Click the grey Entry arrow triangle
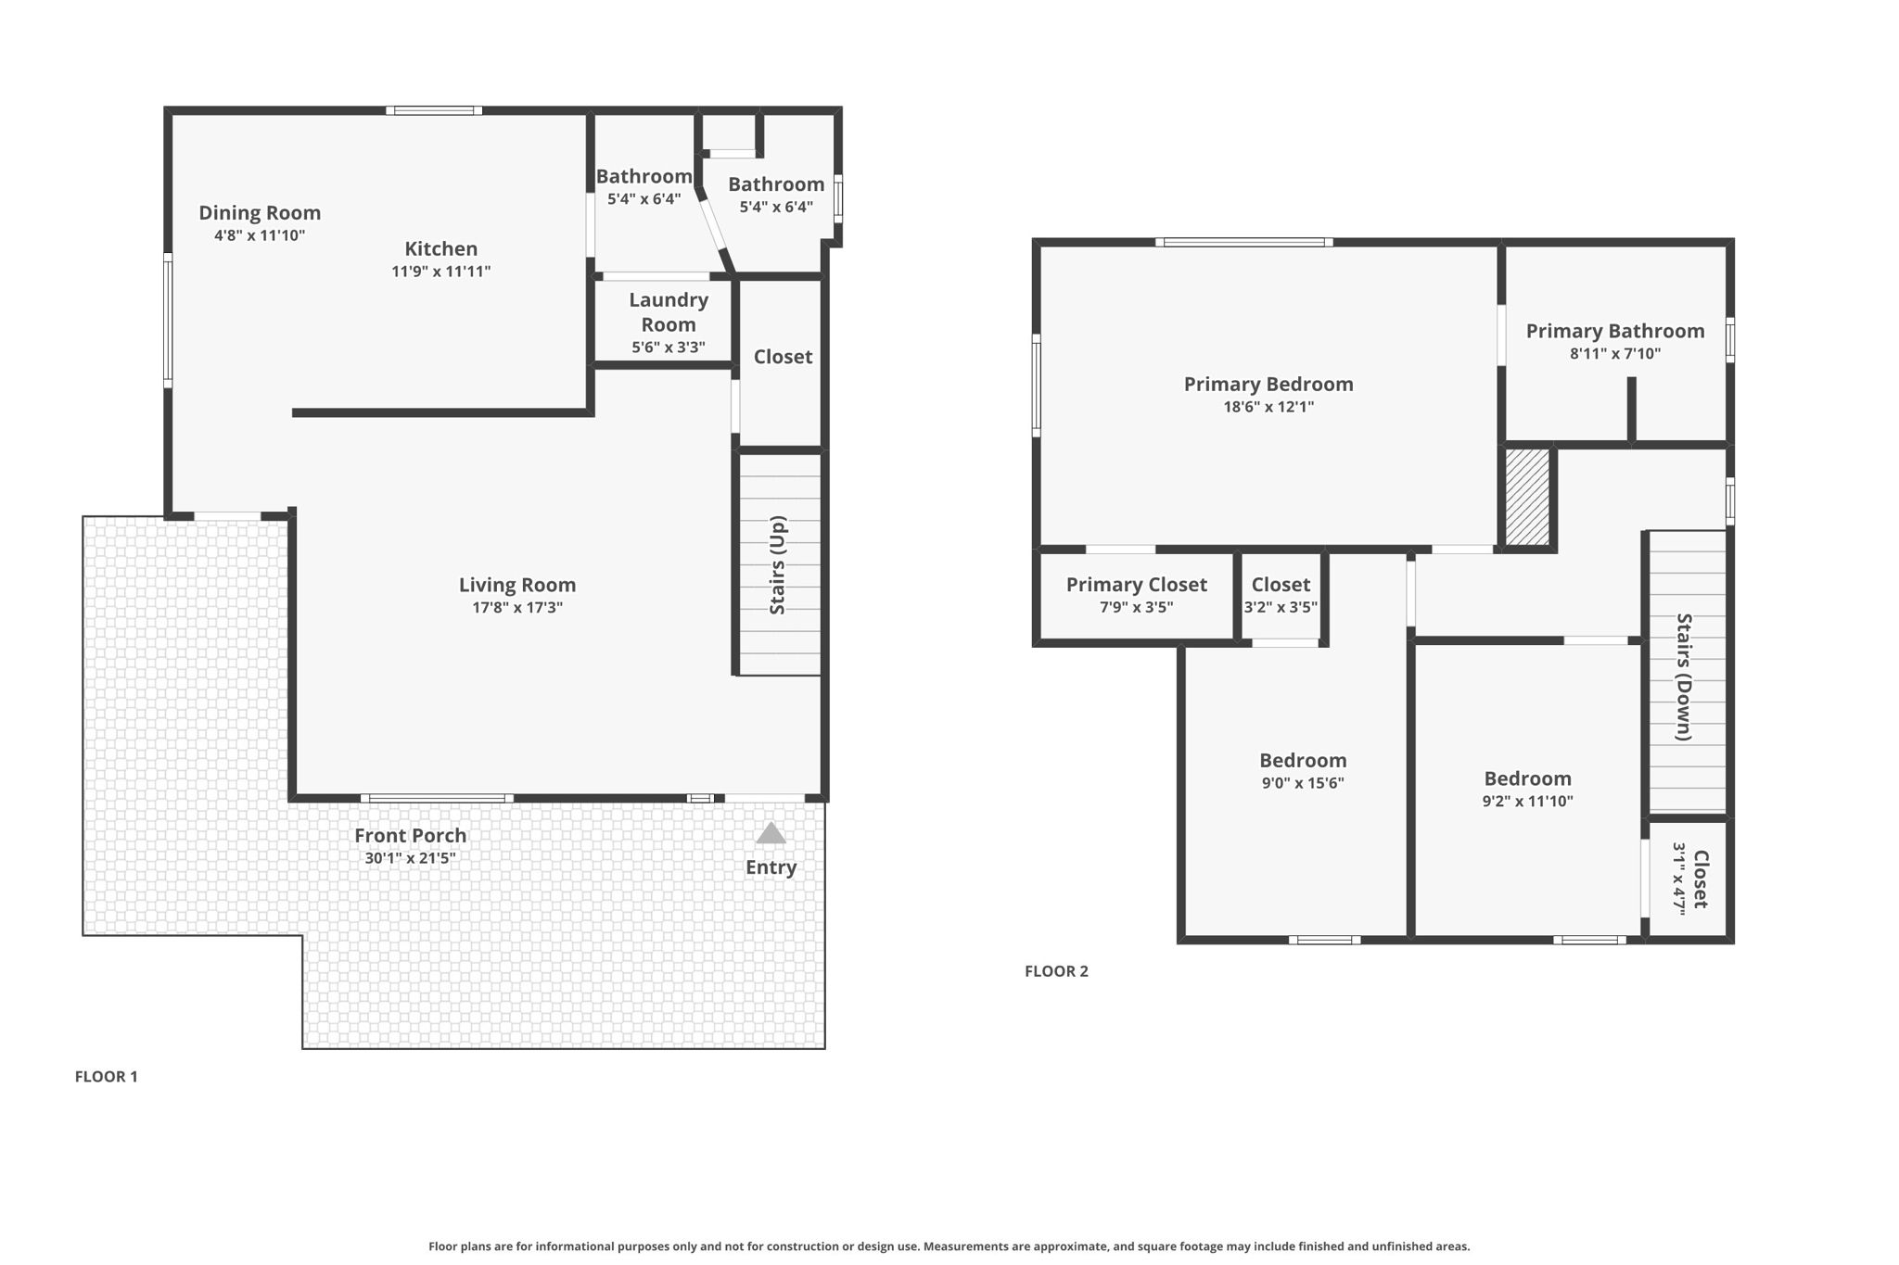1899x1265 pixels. pyautogui.click(x=771, y=834)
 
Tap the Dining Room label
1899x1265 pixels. pyautogui.click(x=260, y=213)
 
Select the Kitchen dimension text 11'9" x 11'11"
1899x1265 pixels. pyautogui.click(x=440, y=272)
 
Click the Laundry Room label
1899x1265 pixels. pyautogui.click(x=669, y=312)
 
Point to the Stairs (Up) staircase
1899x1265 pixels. pyautogui.click(x=780, y=564)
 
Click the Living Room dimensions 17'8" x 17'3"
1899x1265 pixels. pyautogui.click(x=517, y=608)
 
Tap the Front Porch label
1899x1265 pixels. pyautogui.click(x=410, y=836)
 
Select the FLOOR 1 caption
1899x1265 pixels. pyautogui.click(x=106, y=1077)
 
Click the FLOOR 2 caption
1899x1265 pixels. pyautogui.click(x=1056, y=971)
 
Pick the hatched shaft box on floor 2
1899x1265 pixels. pyautogui.click(x=1526, y=498)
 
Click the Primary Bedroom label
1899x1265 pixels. pyautogui.click(x=1268, y=384)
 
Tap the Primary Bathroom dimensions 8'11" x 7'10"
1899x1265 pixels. pyautogui.click(x=1614, y=354)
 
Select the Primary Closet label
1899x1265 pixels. pyautogui.click(x=1136, y=585)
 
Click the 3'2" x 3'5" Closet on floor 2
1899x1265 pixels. pyautogui.click(x=1281, y=596)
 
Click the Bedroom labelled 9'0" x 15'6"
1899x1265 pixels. pyautogui.click(x=1302, y=770)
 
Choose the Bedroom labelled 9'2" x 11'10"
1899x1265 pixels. pyautogui.click(x=1527, y=789)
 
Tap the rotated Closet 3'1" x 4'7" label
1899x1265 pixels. pyautogui.click(x=1690, y=879)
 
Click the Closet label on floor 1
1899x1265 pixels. pyautogui.click(x=783, y=357)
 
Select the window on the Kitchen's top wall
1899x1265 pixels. pyautogui.click(x=434, y=110)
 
